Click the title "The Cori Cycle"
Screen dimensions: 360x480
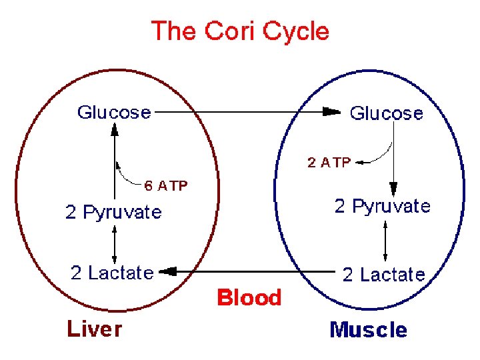point(240,31)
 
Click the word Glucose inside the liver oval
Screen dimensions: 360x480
point(114,112)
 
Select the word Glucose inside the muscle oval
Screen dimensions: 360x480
point(386,113)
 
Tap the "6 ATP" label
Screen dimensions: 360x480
point(167,185)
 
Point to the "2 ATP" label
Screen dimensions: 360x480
point(329,162)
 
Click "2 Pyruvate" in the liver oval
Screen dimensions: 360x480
point(113,213)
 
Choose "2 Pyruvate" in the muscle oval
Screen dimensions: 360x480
point(382,206)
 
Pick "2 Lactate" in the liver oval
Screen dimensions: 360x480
point(112,273)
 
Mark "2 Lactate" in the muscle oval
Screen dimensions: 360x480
point(383,274)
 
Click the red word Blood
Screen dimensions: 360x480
point(249,297)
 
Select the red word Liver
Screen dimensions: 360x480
point(94,329)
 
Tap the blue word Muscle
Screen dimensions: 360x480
point(368,330)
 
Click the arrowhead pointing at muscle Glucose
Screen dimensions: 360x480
point(331,112)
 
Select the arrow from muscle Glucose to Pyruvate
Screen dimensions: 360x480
point(394,160)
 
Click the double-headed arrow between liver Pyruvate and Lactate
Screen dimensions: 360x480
point(115,243)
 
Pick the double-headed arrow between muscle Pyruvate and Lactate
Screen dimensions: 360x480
point(385,240)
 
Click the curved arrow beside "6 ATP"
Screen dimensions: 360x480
point(127,174)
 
